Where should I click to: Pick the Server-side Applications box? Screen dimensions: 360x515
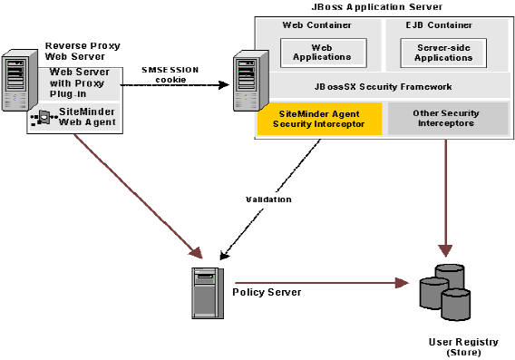click(443, 51)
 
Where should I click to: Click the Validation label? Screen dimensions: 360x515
click(267, 199)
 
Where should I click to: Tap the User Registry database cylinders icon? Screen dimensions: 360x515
click(445, 287)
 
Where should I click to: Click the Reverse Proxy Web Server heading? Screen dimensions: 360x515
click(83, 51)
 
